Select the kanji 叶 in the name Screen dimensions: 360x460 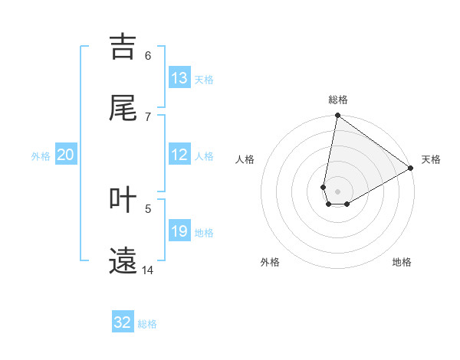(x=123, y=200)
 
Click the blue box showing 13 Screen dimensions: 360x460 (x=179, y=78)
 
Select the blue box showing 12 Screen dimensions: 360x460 (x=179, y=155)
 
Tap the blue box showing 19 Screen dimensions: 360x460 (x=179, y=231)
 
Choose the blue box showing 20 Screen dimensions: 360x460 (x=65, y=155)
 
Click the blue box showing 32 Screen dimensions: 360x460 (x=123, y=322)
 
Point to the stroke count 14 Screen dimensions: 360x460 (x=147, y=270)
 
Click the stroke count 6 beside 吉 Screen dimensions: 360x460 (x=148, y=55)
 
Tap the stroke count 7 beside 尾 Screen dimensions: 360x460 (x=148, y=116)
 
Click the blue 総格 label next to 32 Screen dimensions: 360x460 (x=147, y=324)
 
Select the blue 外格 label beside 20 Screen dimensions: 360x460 (x=41, y=156)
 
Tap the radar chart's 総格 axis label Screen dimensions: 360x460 (x=338, y=100)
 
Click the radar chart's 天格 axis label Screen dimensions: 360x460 (x=432, y=159)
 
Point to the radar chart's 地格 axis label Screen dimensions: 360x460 (x=402, y=262)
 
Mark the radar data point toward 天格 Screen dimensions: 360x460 (x=411, y=169)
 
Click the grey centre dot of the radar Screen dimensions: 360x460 (x=338, y=191)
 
